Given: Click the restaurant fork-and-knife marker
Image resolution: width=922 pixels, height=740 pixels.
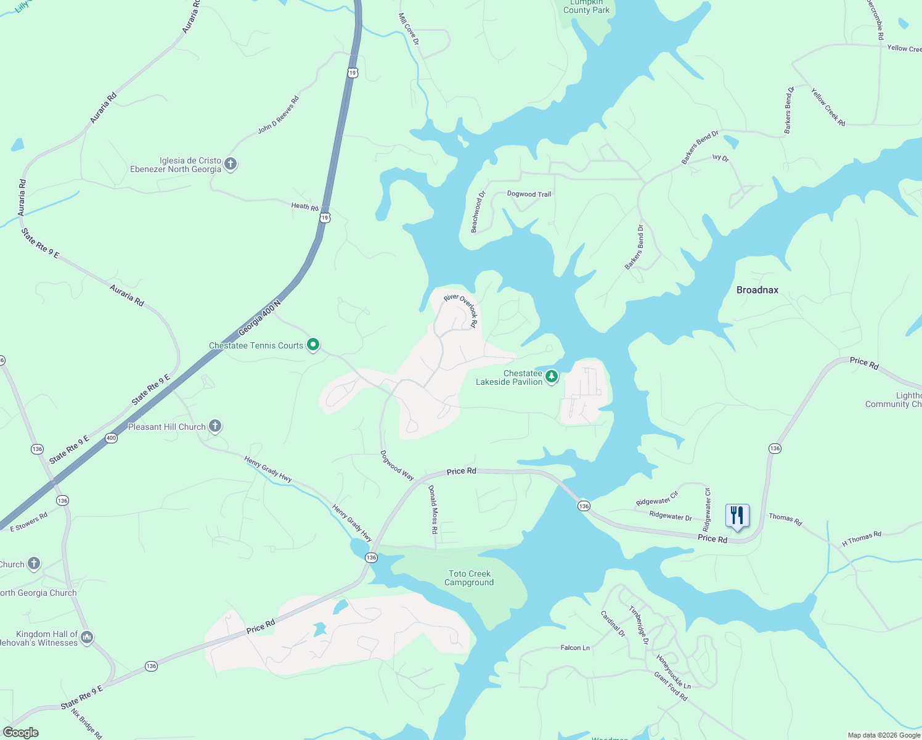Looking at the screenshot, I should (x=737, y=516).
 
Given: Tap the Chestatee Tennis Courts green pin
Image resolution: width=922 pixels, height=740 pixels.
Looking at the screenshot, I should (x=313, y=345).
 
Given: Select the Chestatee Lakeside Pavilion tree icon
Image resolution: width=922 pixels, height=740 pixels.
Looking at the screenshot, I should (x=552, y=376).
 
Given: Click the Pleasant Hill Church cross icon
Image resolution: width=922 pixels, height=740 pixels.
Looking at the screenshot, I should (x=215, y=425).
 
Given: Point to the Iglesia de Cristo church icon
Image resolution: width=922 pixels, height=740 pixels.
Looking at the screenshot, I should (x=230, y=164).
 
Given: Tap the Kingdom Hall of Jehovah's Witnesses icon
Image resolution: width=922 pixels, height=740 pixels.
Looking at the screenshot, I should (x=87, y=637).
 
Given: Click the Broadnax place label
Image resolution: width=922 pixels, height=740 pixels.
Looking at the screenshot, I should (x=757, y=290).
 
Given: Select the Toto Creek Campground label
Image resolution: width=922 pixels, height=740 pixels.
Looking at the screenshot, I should (x=469, y=578).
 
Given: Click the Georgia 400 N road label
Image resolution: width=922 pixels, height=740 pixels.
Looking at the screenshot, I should (x=259, y=318).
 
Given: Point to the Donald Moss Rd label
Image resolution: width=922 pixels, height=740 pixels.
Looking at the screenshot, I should (x=433, y=509).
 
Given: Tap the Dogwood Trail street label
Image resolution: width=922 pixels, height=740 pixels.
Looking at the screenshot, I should (x=529, y=194).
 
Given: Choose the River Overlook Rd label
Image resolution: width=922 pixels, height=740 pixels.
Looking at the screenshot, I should (x=461, y=310).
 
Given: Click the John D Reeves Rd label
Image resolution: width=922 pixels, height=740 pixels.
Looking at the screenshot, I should (x=278, y=115).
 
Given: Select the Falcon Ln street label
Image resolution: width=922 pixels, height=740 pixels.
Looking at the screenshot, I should (x=575, y=647).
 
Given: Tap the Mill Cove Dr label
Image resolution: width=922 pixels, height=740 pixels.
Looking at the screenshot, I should (x=409, y=29).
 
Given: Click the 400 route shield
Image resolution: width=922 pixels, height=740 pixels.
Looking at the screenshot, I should (x=111, y=438).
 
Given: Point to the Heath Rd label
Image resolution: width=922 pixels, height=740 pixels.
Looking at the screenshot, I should (x=305, y=207).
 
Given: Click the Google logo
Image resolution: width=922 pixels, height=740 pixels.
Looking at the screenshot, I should (x=20, y=733).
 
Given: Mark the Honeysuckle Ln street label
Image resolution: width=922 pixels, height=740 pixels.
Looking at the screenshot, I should (x=674, y=672).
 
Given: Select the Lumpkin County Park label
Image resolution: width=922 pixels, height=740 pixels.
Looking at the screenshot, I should (x=586, y=7).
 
